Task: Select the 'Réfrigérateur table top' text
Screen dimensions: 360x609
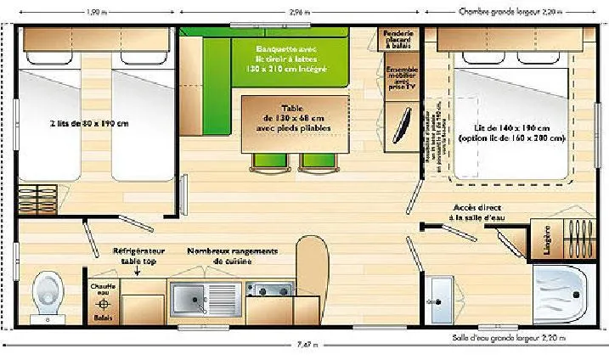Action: tap(139, 256)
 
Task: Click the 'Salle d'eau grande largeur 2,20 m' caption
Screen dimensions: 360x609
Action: tap(510, 338)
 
